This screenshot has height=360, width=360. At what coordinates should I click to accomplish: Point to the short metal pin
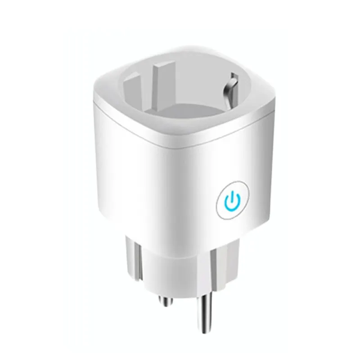166,298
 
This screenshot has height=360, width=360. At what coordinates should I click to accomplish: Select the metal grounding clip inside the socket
231,86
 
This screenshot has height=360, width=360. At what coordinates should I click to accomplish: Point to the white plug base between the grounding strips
180,270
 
